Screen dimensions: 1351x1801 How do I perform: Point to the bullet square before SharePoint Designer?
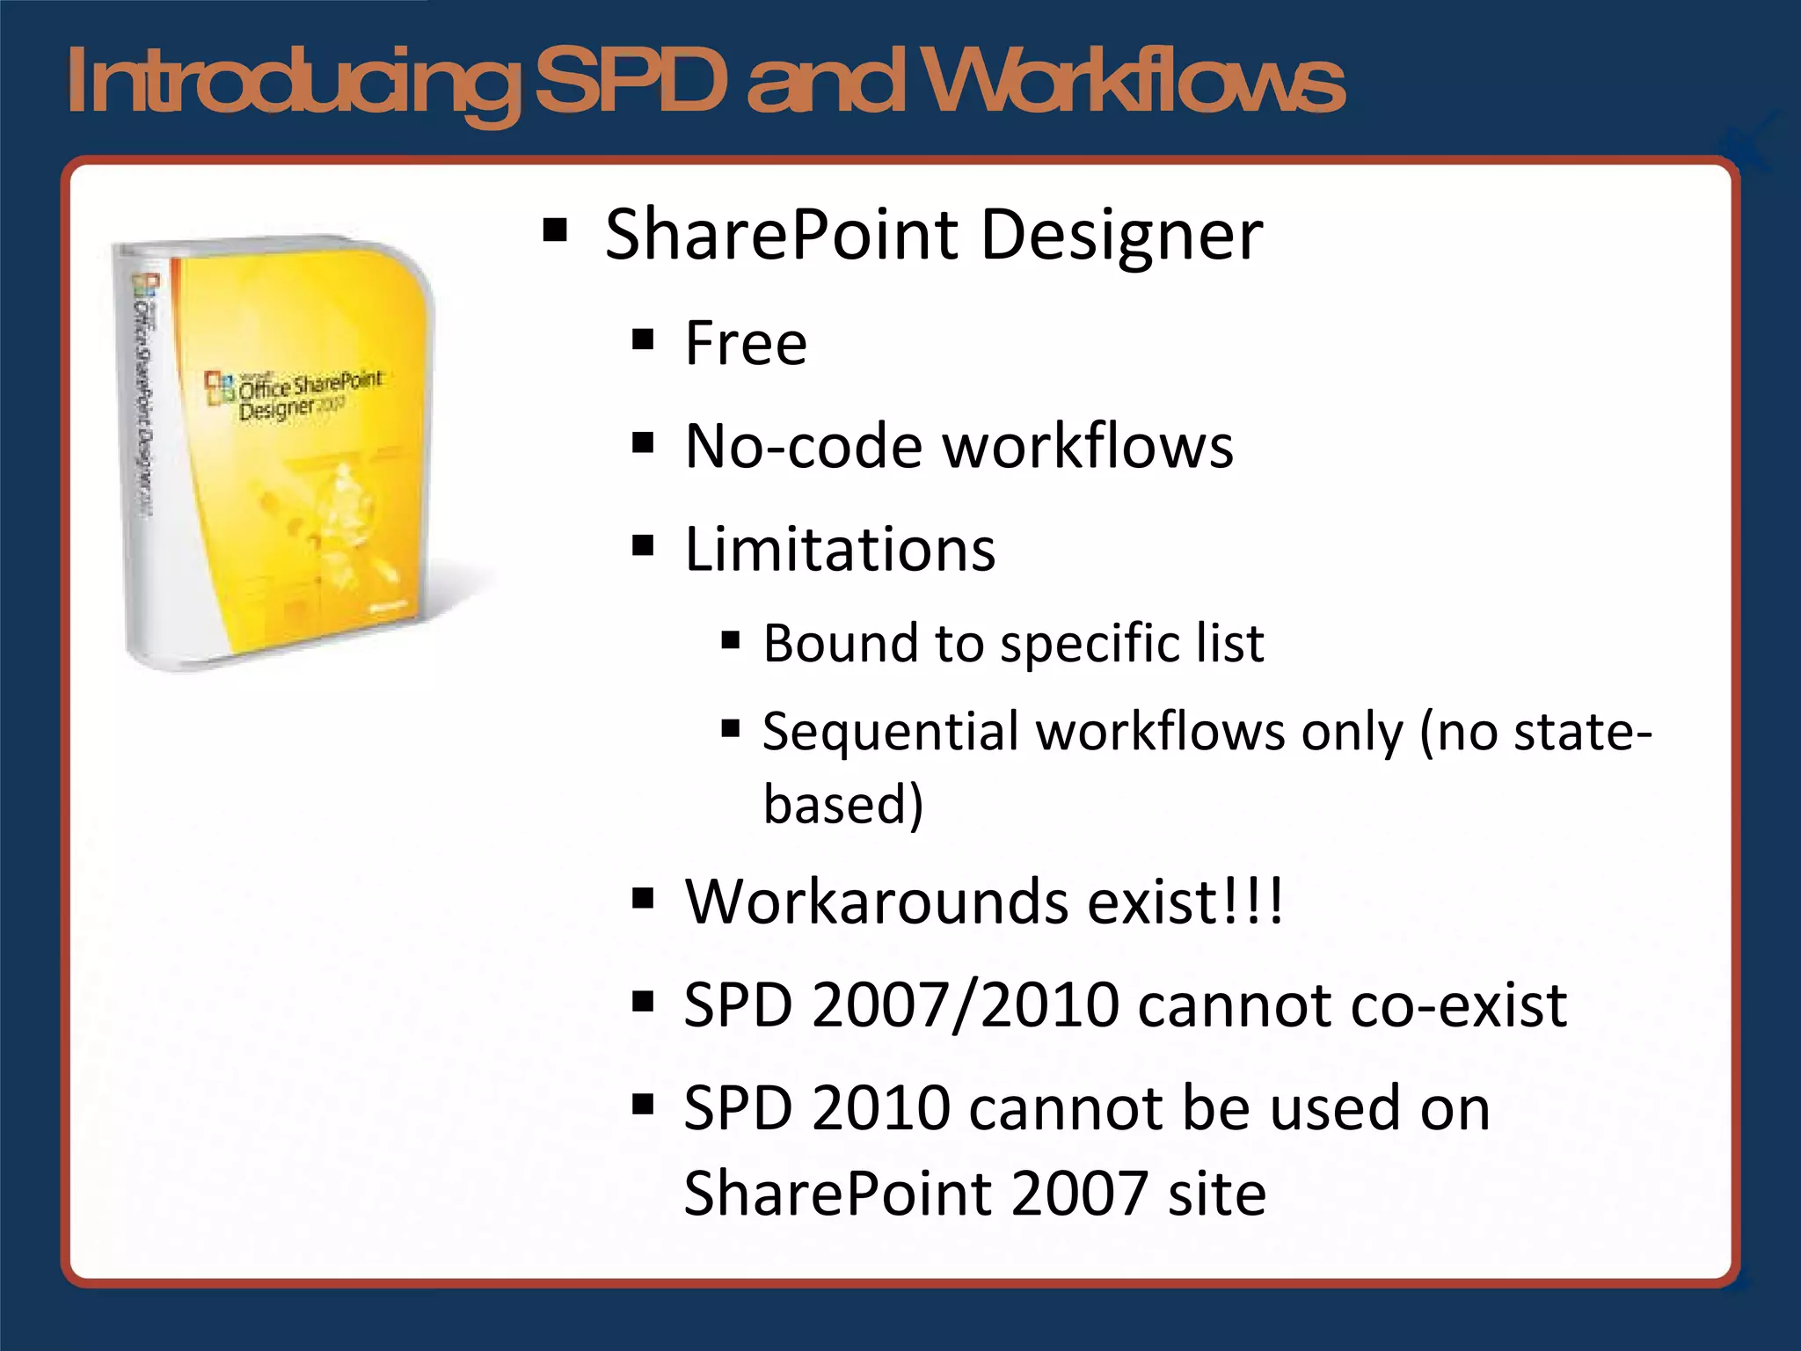click(555, 230)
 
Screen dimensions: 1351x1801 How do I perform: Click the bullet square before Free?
click(643, 339)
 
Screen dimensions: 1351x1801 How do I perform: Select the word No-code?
click(803, 447)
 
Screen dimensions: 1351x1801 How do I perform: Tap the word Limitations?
click(840, 550)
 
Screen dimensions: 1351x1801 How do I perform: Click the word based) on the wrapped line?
click(842, 804)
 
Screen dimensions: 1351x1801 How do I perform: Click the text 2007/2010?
click(965, 1005)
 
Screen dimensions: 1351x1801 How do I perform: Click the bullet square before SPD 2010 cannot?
click(643, 1104)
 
